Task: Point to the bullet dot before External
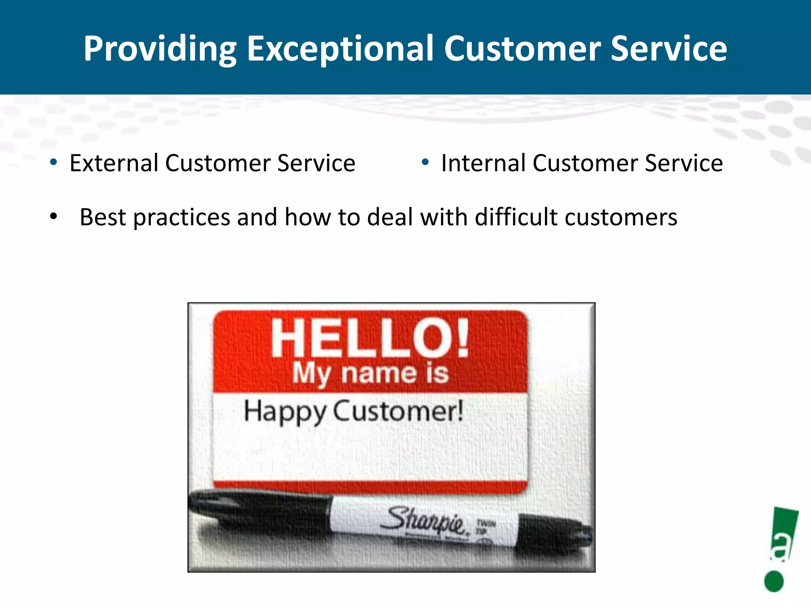[53, 162]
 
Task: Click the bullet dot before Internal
[425, 162]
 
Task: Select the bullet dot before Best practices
[53, 217]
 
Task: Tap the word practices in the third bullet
[182, 218]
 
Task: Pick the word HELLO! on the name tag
[370, 338]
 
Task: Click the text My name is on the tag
[370, 373]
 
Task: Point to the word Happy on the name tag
[284, 412]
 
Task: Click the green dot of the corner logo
[774, 581]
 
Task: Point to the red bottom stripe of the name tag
[370, 486]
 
